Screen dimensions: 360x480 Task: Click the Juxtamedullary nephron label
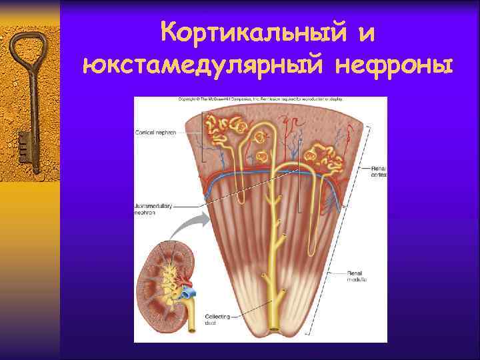(x=153, y=210)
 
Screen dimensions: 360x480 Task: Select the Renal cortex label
(x=379, y=171)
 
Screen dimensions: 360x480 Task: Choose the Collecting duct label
(x=219, y=320)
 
